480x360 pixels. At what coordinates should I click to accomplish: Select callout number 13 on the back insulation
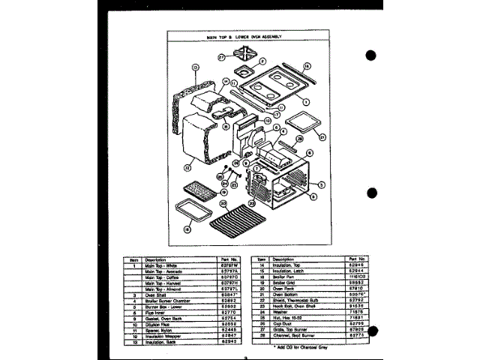click(x=194, y=67)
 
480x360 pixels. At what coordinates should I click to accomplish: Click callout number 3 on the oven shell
click(x=321, y=184)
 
